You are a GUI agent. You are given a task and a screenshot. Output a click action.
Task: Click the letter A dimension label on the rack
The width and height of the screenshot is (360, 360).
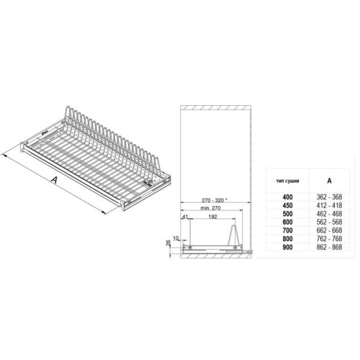pyautogui.click(x=55, y=180)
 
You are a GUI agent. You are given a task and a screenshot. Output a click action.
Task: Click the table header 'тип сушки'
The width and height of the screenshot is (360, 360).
pyautogui.click(x=287, y=181)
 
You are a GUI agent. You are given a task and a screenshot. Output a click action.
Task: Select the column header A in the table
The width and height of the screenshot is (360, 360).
pyautogui.click(x=329, y=181)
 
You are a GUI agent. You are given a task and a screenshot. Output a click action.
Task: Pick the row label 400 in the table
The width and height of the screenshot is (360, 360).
pyautogui.click(x=287, y=197)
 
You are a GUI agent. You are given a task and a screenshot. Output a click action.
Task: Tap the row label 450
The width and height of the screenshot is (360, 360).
pyautogui.click(x=287, y=205)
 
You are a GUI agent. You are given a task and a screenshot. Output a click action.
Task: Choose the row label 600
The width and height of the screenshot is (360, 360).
pyautogui.click(x=287, y=222)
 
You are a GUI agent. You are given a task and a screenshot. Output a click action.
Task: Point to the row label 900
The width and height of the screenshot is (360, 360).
pyautogui.click(x=287, y=247)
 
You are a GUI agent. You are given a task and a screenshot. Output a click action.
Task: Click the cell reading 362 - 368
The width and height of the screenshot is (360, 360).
pyautogui.click(x=329, y=197)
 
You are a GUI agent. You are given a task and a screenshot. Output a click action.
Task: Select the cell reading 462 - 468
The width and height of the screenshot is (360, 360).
pyautogui.click(x=329, y=214)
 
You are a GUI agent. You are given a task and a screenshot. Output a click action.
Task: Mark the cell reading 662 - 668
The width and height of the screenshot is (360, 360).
pyautogui.click(x=329, y=230)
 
